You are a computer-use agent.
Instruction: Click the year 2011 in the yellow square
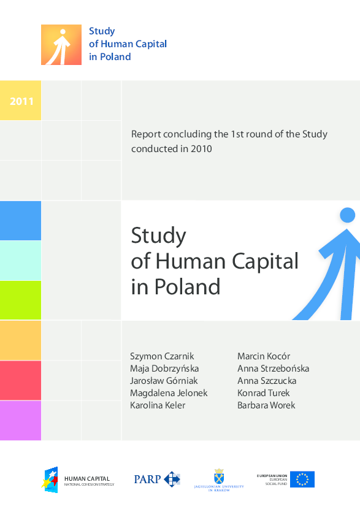(x=21, y=101)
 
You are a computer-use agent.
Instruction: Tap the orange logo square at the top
(x=61, y=45)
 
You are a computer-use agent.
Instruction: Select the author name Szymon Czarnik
(x=162, y=356)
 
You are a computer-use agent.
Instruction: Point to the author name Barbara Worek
(x=266, y=405)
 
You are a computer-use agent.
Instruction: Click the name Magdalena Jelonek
(x=169, y=393)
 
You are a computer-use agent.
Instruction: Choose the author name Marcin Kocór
(x=264, y=356)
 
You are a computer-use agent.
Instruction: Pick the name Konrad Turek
(x=264, y=393)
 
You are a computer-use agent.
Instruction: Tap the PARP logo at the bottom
(x=157, y=479)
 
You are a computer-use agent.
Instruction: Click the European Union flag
(x=302, y=479)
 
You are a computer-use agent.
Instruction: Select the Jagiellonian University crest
(x=219, y=476)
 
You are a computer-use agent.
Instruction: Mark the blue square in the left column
(x=20, y=220)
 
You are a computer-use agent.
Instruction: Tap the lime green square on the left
(x=20, y=300)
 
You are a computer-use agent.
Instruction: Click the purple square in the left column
(x=20, y=420)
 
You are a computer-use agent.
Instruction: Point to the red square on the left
(x=20, y=380)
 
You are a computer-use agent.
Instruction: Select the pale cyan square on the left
(x=20, y=261)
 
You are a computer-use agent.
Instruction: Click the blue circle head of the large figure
(x=348, y=215)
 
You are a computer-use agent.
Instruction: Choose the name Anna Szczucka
(x=267, y=381)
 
